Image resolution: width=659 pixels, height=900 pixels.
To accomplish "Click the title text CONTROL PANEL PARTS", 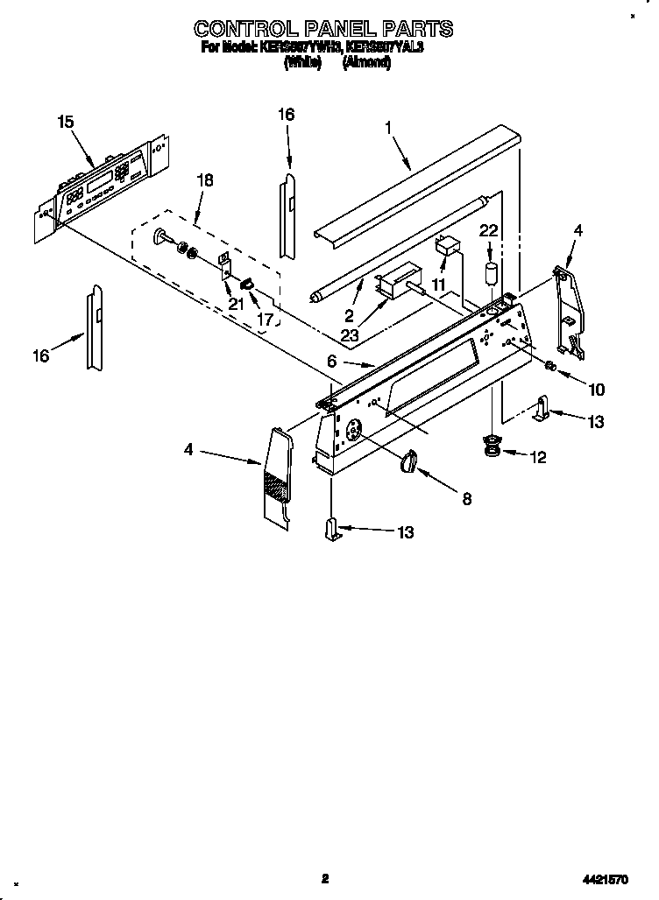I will [323, 28].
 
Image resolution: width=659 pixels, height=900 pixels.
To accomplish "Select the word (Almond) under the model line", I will [367, 63].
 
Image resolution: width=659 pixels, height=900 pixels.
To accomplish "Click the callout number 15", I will [66, 122].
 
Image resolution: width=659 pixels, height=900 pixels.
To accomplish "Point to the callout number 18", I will [204, 180].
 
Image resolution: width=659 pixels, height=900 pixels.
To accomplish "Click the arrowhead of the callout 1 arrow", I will [408, 166].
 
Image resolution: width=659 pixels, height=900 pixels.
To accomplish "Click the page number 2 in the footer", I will [324, 878].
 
